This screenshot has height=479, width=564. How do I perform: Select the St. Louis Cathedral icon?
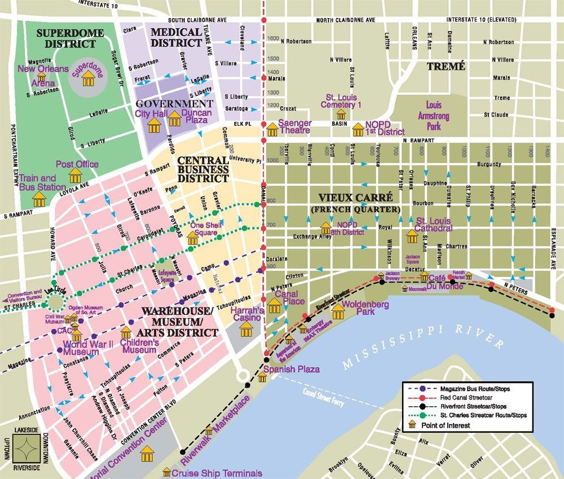(x=412, y=235)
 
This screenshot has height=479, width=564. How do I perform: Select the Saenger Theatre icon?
(x=272, y=129)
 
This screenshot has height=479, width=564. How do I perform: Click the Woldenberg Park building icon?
(x=338, y=311)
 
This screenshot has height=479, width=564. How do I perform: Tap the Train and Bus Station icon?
(x=39, y=199)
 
